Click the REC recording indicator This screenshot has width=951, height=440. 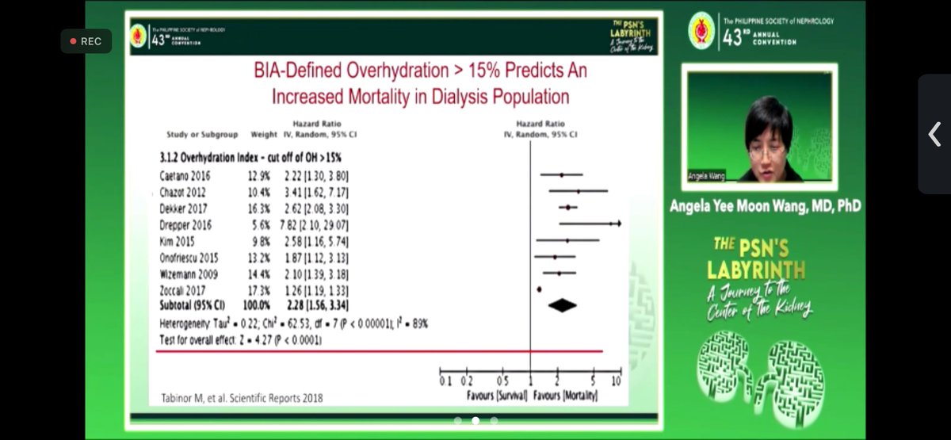[86, 41]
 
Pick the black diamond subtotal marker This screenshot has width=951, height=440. [562, 304]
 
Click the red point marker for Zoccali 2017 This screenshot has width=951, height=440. [539, 290]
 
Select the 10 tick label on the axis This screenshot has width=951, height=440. [616, 381]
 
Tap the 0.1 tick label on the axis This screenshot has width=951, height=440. [445, 381]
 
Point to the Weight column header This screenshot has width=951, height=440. [264, 135]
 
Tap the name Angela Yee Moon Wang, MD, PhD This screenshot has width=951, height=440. [766, 206]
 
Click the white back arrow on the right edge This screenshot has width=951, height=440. [934, 134]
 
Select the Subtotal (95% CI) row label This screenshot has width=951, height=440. [193, 304]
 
